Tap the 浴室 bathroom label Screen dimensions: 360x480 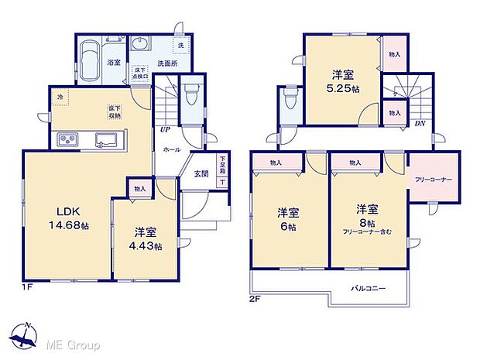(113, 61)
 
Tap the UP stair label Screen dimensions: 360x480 (165, 130)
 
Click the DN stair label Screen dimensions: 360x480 (419, 123)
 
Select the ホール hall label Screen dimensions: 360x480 (172, 149)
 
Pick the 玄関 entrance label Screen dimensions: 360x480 (201, 173)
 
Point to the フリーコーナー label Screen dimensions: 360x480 (433, 180)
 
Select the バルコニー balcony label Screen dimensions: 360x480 (369, 288)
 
